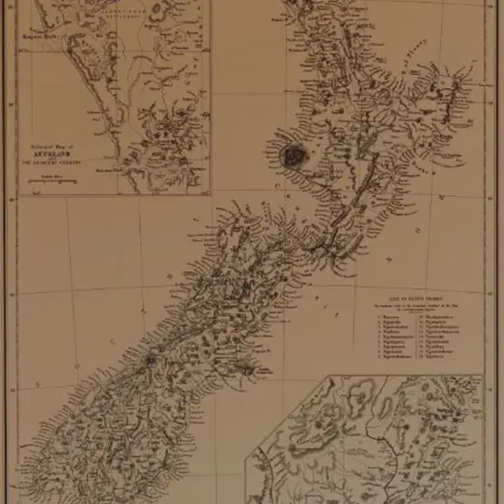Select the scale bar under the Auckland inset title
point(54,182)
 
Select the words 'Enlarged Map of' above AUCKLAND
point(54,146)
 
